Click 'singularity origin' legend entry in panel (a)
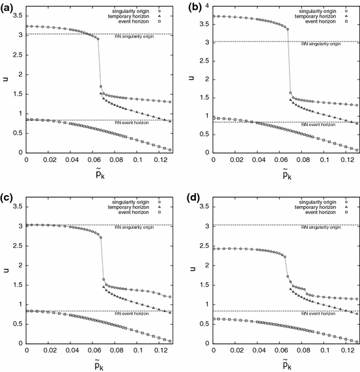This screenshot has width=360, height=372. tap(139, 10)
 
